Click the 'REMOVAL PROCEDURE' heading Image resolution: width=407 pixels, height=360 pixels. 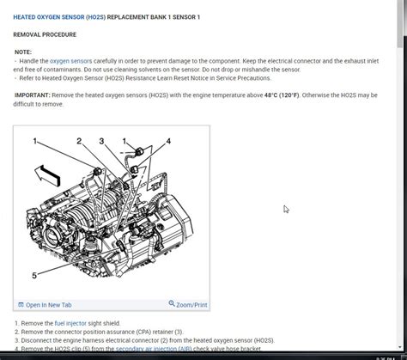point(45,34)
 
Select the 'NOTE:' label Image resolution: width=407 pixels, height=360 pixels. point(23,52)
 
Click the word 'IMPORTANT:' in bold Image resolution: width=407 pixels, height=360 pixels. point(32,95)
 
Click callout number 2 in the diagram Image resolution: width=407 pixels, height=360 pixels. point(79,141)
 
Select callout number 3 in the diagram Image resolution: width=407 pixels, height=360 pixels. point(101,141)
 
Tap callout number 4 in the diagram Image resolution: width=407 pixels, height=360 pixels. point(168,141)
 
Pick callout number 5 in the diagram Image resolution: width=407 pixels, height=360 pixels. point(34,276)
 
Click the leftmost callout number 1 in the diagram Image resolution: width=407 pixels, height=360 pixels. point(34,141)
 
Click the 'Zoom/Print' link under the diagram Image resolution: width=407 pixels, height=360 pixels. point(191,305)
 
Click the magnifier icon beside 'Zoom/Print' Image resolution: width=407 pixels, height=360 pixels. point(172,304)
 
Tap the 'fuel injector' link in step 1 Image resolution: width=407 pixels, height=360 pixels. point(73,322)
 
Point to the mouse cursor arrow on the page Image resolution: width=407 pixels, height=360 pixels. point(286,209)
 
